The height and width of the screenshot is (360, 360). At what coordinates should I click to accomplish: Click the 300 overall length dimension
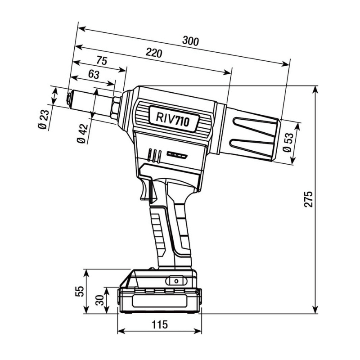(x=190, y=41)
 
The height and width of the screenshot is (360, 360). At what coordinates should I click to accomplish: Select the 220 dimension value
(x=154, y=53)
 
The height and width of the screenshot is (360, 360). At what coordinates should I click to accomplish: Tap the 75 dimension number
(x=102, y=61)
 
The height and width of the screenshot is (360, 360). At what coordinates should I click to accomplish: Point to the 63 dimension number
(x=94, y=74)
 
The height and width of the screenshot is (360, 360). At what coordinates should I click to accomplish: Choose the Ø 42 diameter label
(x=82, y=134)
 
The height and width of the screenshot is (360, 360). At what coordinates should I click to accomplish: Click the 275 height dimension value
(x=308, y=199)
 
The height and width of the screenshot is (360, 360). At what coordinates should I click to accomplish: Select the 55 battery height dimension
(x=80, y=291)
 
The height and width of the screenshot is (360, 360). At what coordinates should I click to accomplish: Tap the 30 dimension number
(x=99, y=300)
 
